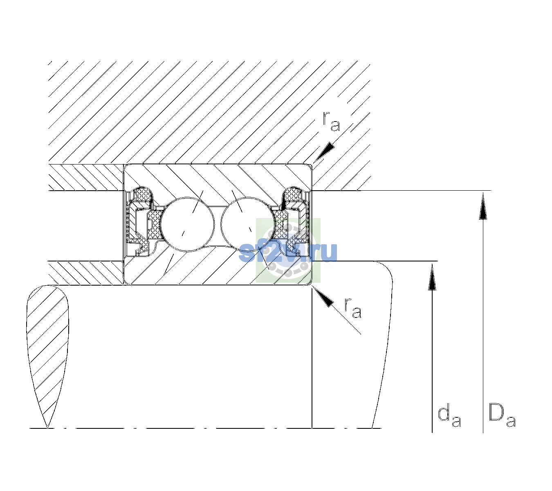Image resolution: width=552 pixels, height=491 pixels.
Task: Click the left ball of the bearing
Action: (187, 224)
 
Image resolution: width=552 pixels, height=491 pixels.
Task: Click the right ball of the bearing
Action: (248, 224)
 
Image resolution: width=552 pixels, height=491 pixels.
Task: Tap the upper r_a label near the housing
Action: (331, 122)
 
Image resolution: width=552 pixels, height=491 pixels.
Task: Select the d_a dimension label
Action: (449, 417)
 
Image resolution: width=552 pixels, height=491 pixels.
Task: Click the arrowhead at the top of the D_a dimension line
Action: (483, 206)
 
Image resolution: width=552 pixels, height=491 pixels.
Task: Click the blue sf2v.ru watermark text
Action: (288, 252)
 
